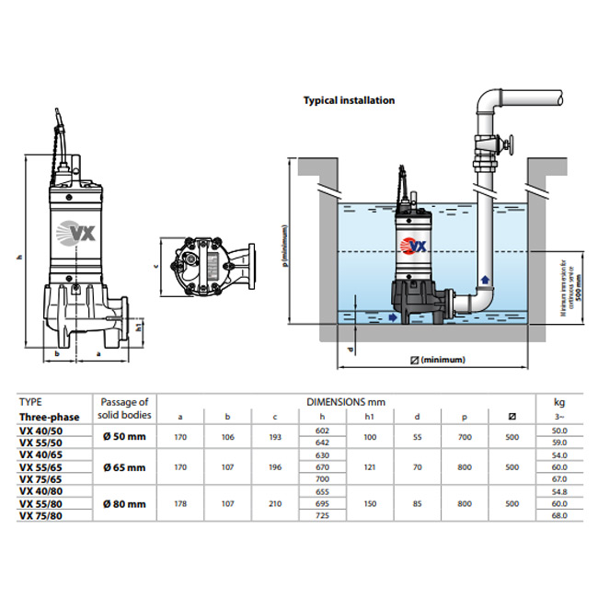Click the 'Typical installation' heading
click(349, 100)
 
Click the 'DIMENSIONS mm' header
click(346, 402)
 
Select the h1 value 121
click(372, 467)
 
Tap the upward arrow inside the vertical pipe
click(482, 278)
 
